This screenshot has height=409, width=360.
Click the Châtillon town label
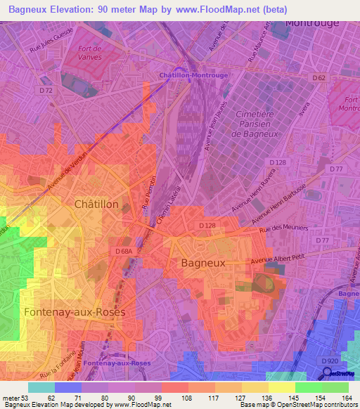click(x=101, y=204)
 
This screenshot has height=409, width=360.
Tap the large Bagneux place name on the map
click(x=203, y=263)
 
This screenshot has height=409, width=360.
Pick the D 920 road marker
click(x=329, y=361)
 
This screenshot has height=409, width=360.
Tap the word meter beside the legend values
click(x=11, y=398)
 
